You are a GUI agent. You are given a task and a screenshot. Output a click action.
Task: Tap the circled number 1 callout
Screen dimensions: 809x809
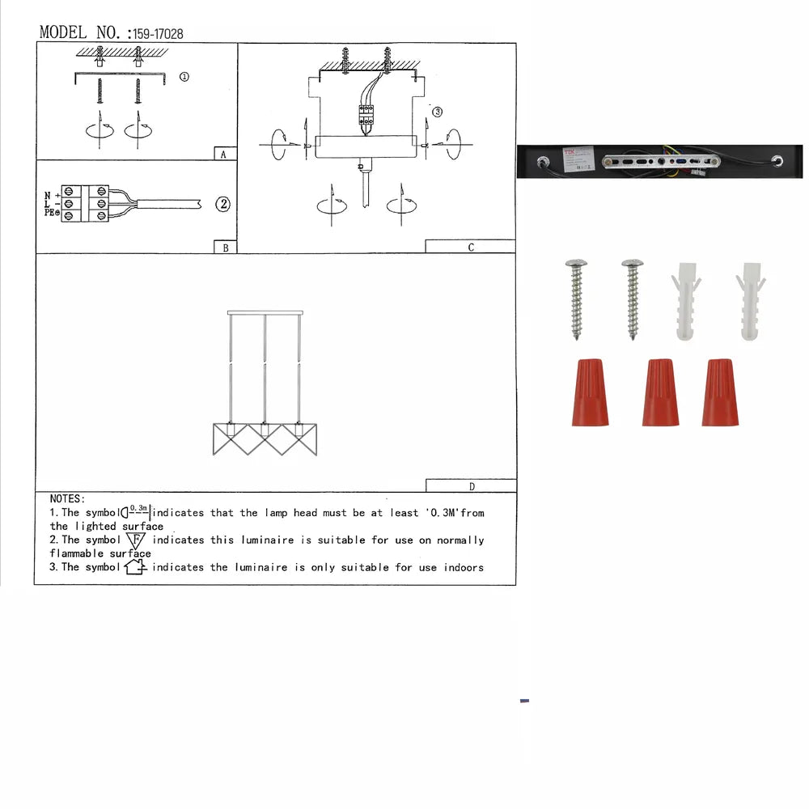184,77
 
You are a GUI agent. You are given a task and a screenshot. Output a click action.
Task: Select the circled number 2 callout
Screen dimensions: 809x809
223,204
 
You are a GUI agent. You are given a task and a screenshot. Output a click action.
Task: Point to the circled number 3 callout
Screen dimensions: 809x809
437,112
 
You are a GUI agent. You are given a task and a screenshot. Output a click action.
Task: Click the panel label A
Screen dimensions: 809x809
223,154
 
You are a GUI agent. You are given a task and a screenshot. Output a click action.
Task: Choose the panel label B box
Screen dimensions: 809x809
225,248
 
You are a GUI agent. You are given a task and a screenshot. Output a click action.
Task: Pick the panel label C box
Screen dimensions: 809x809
470,247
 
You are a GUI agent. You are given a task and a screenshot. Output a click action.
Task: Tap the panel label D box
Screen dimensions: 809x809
471,486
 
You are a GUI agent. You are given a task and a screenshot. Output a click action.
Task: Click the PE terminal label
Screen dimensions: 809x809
49,213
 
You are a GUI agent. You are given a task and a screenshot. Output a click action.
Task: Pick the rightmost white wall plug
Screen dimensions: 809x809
750,301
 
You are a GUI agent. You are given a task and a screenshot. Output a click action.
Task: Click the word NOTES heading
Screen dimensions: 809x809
67,499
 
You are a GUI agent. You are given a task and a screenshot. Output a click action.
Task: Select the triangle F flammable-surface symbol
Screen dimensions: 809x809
136,540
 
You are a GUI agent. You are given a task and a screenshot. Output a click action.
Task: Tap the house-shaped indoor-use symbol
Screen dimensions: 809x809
136,567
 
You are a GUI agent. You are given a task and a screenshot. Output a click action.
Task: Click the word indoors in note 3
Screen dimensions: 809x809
464,567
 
